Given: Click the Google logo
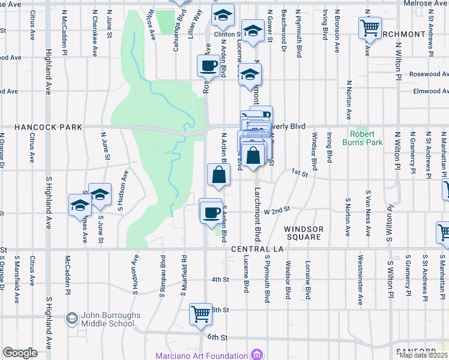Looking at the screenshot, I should [20, 353].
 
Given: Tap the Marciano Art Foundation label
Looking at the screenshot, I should [201, 355].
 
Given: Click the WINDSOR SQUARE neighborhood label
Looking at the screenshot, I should [304, 233].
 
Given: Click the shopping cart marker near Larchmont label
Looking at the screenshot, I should [370, 27].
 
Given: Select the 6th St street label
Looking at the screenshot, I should [219, 338].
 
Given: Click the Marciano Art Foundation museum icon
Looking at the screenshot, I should [257, 355].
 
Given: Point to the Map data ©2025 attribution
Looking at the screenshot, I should [423, 355].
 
